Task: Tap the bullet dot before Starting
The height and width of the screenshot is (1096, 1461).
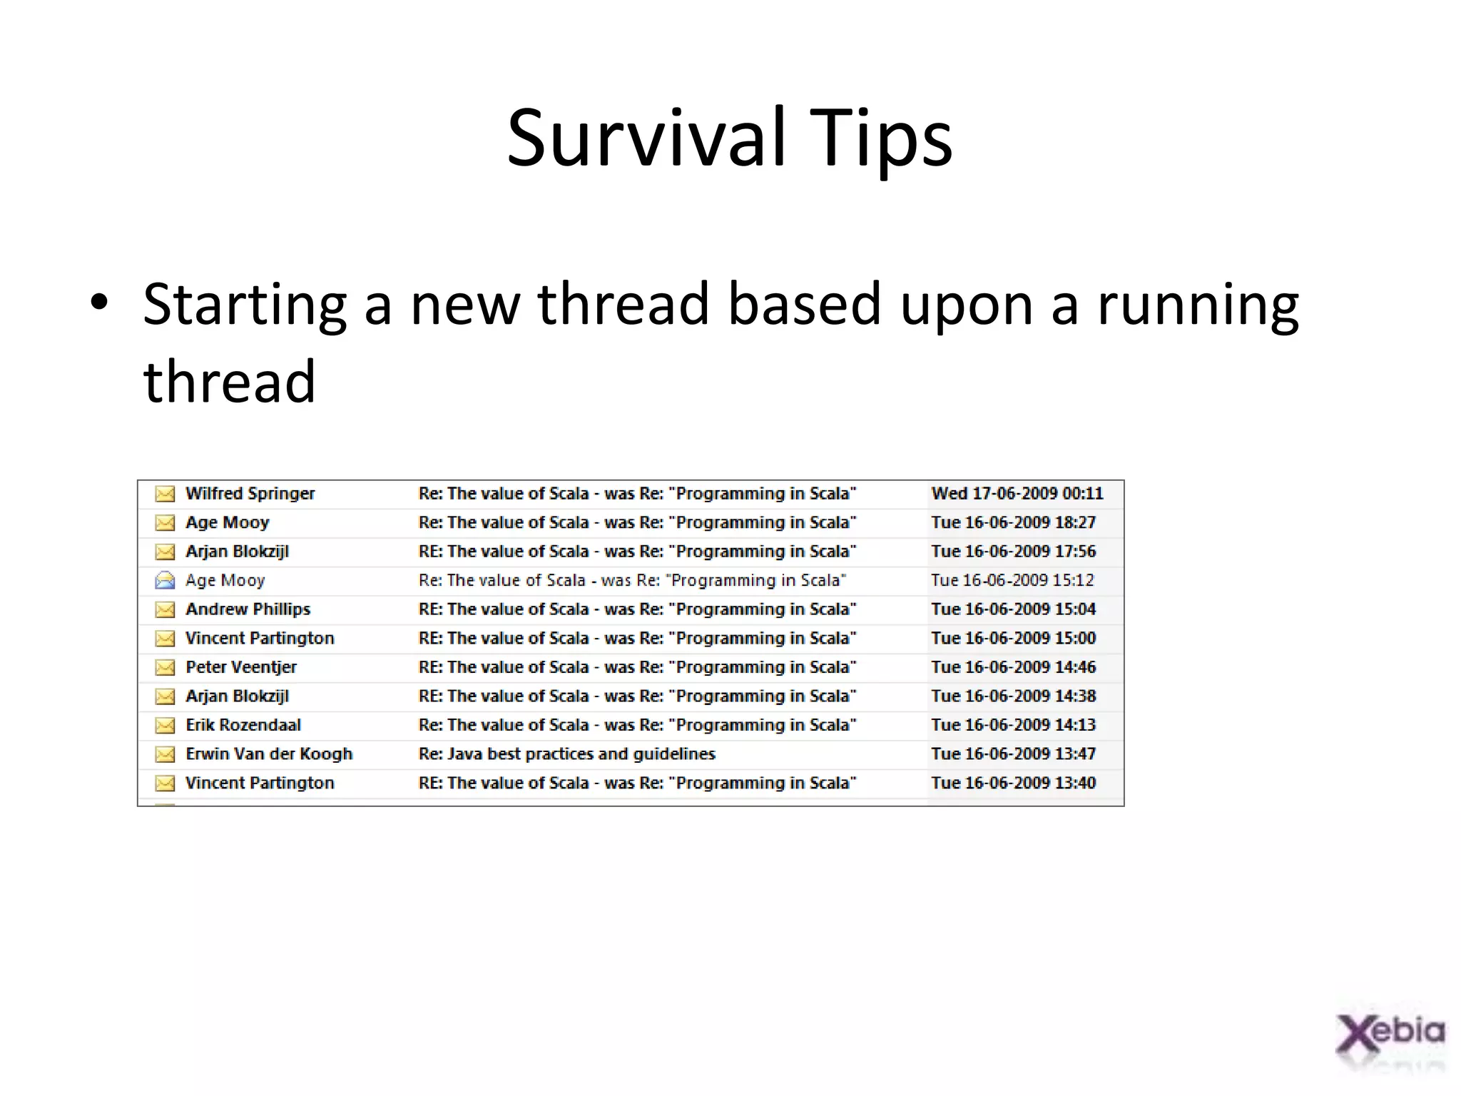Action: [99, 303]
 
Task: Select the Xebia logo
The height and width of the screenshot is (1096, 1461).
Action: [1390, 1035]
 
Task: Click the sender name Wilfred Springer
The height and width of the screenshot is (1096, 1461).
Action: [250, 494]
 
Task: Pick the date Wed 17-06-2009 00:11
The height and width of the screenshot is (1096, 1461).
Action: [1017, 494]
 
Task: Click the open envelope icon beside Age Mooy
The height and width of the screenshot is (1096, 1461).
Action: [165, 581]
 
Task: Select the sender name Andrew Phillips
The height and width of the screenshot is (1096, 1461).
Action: [248, 609]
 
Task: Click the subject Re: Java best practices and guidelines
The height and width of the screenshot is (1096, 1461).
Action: [566, 754]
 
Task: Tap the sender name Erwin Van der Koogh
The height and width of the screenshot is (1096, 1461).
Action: [269, 754]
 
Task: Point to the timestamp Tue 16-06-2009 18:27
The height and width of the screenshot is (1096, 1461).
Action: [1013, 522]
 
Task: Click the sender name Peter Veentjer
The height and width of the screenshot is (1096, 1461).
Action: [240, 667]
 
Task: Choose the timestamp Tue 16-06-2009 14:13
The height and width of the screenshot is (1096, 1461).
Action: [1013, 725]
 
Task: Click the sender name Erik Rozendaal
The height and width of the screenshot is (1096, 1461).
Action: [243, 725]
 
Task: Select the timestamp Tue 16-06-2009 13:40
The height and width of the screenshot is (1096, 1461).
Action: [1013, 783]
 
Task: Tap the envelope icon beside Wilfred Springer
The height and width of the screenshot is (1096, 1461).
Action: [165, 494]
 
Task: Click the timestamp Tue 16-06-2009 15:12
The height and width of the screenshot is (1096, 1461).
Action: [1012, 581]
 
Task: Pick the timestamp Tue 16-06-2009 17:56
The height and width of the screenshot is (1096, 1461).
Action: [1013, 552]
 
